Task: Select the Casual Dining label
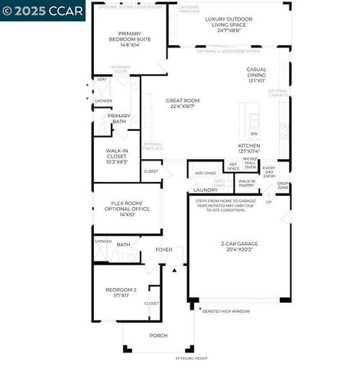click(x=256, y=73)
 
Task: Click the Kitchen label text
click(x=249, y=148)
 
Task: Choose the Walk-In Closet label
click(x=116, y=154)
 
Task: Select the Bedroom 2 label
click(x=121, y=292)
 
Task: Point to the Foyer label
click(x=164, y=249)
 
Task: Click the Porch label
click(x=158, y=335)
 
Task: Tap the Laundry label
click(x=205, y=190)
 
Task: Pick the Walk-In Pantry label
click(x=247, y=183)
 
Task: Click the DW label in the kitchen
click(x=254, y=132)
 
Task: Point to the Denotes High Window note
click(x=227, y=311)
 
